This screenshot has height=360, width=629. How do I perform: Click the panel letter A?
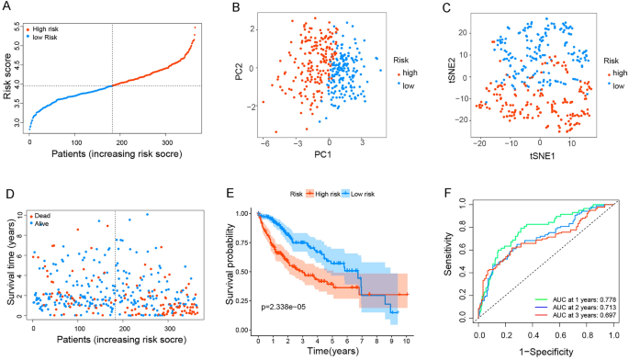6,7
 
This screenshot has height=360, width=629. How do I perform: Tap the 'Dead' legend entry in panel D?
43,216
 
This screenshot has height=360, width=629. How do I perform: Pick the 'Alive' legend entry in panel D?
43,223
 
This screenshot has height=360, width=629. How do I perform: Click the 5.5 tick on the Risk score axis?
14,29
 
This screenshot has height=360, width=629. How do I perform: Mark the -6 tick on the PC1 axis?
264,142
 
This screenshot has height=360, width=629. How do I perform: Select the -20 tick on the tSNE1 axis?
477,142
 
